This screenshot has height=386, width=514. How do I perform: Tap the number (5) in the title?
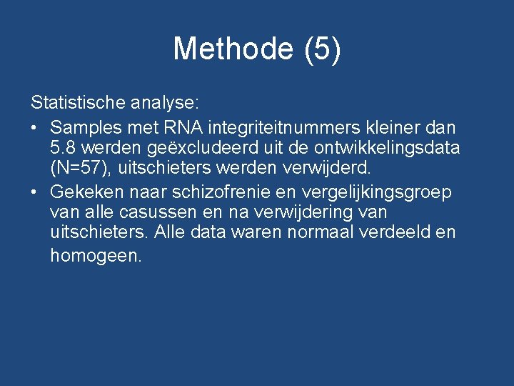point(322,49)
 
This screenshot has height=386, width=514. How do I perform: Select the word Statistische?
point(78,103)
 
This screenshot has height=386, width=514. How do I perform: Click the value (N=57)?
point(79,169)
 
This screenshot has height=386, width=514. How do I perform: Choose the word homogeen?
point(96,255)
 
